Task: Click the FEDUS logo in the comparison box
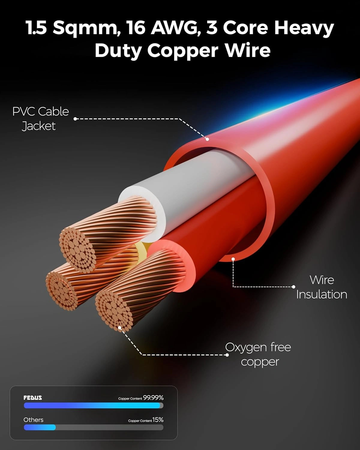[33, 398]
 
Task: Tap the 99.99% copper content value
[153, 398]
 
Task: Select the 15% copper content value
[158, 420]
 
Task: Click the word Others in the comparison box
[33, 420]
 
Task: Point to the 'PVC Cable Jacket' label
[40, 118]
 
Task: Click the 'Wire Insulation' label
[322, 287]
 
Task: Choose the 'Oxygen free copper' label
[258, 354]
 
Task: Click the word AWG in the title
[174, 28]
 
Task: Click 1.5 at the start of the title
[36, 28]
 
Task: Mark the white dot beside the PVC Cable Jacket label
[75, 119]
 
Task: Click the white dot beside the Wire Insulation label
[293, 287]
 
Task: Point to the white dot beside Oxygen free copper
[227, 355]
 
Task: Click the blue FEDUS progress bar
[92, 406]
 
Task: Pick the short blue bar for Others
[40, 427]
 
